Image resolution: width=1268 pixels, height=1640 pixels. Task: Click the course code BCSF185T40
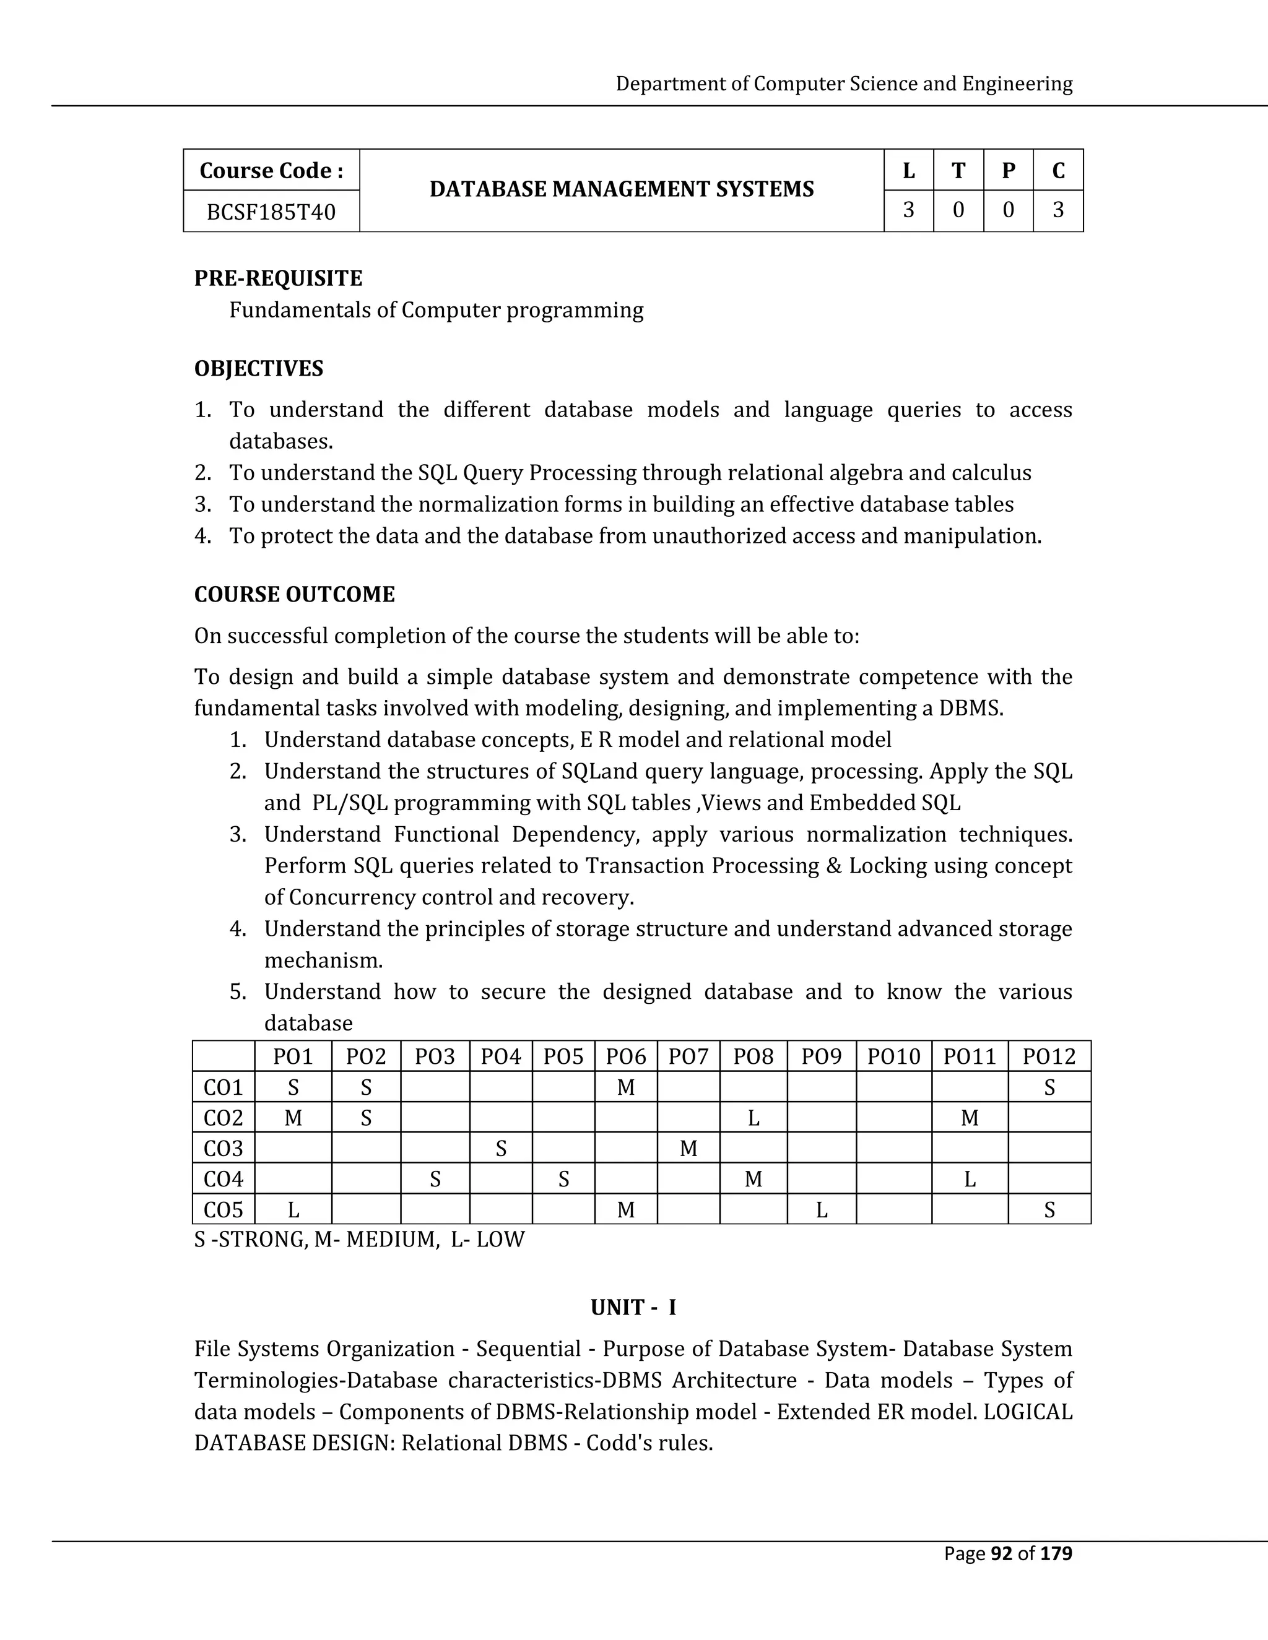point(271,212)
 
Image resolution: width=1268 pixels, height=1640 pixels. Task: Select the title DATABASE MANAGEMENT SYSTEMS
point(621,189)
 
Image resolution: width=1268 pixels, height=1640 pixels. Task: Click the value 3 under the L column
point(908,210)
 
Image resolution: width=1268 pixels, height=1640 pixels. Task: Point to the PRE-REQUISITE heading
point(278,278)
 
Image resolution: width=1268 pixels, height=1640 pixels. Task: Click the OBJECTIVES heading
point(258,369)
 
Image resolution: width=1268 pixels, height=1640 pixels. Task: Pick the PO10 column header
point(893,1056)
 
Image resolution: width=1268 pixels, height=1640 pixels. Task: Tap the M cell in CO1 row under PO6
point(626,1087)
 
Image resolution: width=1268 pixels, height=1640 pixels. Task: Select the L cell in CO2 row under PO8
point(753,1118)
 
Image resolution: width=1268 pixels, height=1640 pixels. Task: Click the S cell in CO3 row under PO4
point(500,1149)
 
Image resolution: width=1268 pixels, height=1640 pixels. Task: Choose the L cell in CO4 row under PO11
point(969,1180)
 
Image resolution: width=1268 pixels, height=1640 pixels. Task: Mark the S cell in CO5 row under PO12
point(1049,1211)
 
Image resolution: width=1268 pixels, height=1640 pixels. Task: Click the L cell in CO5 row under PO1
point(293,1211)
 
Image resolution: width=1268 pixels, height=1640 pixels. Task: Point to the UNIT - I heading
point(633,1308)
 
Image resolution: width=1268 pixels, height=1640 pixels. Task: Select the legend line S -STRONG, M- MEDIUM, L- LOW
point(359,1240)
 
